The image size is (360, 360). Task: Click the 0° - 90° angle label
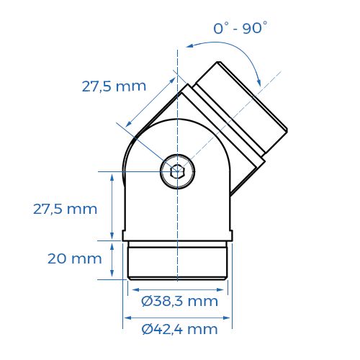pos(240,29)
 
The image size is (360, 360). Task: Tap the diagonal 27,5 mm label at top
pos(114,86)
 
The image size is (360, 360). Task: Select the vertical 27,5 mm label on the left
pos(65,209)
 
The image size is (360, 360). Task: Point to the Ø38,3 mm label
pos(179,301)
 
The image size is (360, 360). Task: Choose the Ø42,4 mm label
pos(179,330)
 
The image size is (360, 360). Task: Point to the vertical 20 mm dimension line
pos(112,259)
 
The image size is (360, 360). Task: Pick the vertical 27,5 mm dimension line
pos(112,206)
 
